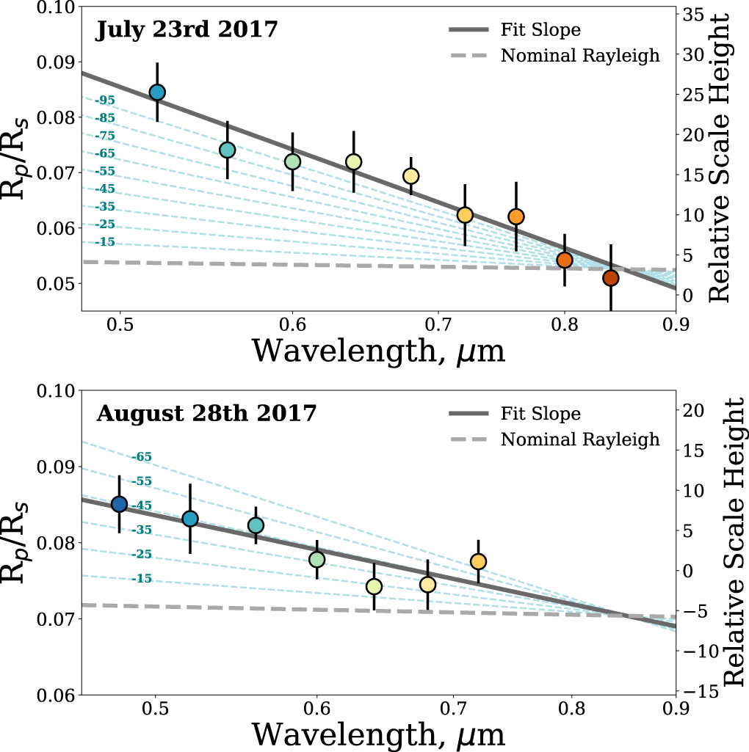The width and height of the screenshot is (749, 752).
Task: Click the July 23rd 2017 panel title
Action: pyautogui.click(x=187, y=31)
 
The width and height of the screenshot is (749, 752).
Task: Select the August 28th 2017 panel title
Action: pyautogui.click(x=206, y=413)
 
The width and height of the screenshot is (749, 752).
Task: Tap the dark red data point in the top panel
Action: pyautogui.click(x=611, y=278)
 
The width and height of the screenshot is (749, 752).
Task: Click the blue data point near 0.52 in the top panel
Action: pyautogui.click(x=156, y=92)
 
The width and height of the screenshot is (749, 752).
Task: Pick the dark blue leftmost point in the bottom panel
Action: pyautogui.click(x=119, y=504)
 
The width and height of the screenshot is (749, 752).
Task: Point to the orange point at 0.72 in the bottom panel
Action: pyautogui.click(x=478, y=561)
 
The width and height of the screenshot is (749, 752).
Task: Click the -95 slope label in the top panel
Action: pyautogui.click(x=105, y=100)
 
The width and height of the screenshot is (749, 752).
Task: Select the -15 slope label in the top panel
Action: pyautogui.click(x=105, y=241)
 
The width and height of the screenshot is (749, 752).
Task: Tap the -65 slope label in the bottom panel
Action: pyautogui.click(x=142, y=456)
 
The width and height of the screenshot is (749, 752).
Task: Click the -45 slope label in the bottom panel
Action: pyautogui.click(x=142, y=505)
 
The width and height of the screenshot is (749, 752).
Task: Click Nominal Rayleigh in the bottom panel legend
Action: pyautogui.click(x=580, y=439)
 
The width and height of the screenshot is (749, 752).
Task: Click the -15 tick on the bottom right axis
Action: pyautogui.click(x=698, y=691)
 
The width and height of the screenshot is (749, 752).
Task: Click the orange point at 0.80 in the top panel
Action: pyautogui.click(x=565, y=260)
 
